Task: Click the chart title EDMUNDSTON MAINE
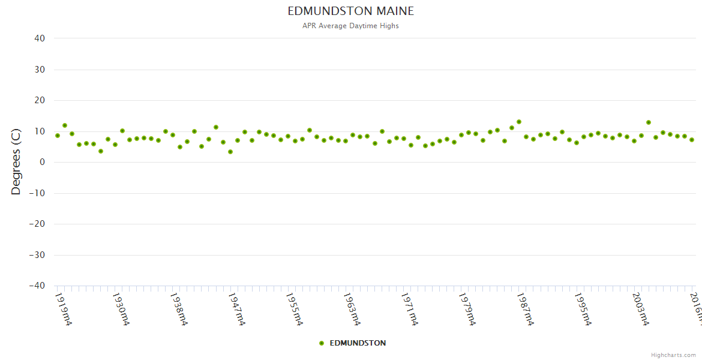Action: (350, 11)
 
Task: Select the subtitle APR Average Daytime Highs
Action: (350, 26)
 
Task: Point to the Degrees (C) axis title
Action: (16, 162)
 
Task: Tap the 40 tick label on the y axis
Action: (40, 38)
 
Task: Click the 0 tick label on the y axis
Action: (43, 162)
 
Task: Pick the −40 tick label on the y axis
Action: (37, 286)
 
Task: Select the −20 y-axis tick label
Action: (37, 224)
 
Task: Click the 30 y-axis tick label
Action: (40, 70)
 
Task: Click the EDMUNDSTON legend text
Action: (358, 343)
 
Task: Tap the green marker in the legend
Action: (322, 343)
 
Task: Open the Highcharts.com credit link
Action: (673, 355)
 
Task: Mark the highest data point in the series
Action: (519, 122)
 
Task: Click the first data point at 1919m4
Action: (58, 136)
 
